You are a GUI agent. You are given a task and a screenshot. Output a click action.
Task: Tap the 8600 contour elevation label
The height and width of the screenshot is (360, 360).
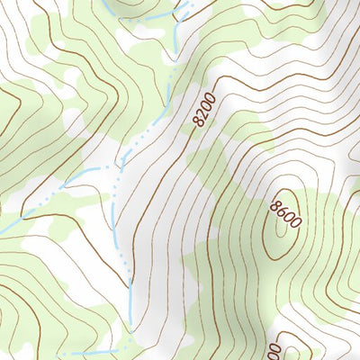pyautogui.click(x=283, y=214)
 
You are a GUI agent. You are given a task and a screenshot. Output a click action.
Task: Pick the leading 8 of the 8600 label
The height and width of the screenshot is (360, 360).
pyautogui.click(x=274, y=204)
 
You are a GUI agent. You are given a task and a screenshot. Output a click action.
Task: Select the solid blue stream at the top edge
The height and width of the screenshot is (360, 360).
pyautogui.click(x=105, y=7)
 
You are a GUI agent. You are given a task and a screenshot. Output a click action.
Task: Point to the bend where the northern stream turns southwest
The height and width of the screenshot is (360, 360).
pyautogui.click(x=168, y=99)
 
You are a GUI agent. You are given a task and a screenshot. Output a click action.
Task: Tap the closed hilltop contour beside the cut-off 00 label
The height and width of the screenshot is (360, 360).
pyautogui.click(x=297, y=346)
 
